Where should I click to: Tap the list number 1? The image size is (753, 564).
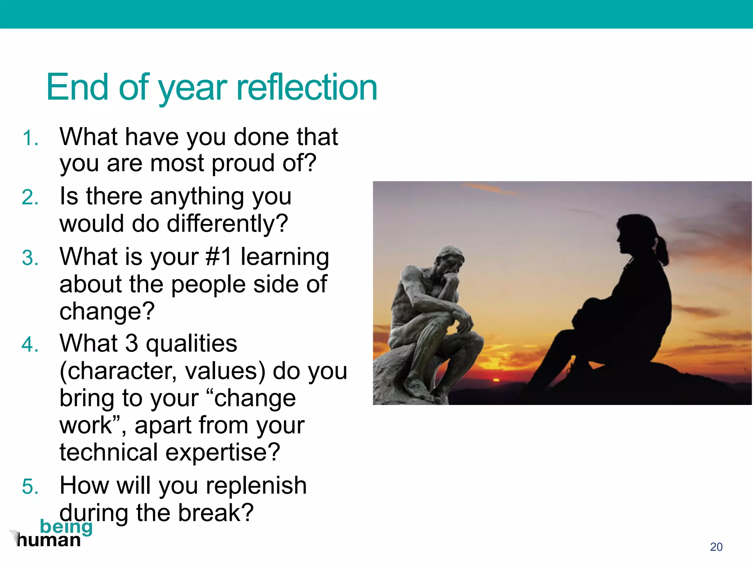pos(30,139)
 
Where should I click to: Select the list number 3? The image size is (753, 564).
pos(30,258)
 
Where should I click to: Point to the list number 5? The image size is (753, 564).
pos(30,487)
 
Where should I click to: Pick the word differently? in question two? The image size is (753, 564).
pos(227,224)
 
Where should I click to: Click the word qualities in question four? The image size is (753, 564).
pos(191,344)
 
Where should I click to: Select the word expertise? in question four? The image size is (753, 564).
pos(223,452)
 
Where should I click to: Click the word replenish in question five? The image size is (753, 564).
pos(256,485)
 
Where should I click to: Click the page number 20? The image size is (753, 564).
pos(716,547)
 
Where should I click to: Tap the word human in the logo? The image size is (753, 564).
pos(49,540)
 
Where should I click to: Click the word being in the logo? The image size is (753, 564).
pos(66,527)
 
